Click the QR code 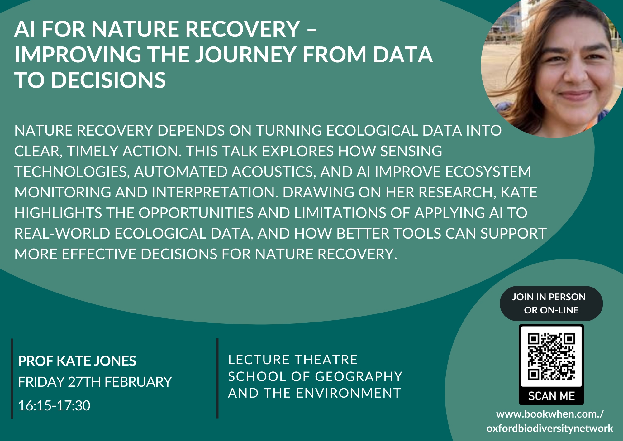[551, 356]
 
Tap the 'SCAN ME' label [551, 396]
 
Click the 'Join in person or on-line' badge [551, 303]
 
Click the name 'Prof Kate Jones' [77, 361]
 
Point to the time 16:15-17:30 [54, 406]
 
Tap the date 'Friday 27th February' [95, 382]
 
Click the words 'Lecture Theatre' [293, 360]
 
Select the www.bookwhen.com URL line [550, 414]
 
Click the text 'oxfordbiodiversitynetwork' [550, 429]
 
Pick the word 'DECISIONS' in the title [108, 80]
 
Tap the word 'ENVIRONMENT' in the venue [349, 393]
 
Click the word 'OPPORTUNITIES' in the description [196, 213]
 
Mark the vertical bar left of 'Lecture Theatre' [217, 378]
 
